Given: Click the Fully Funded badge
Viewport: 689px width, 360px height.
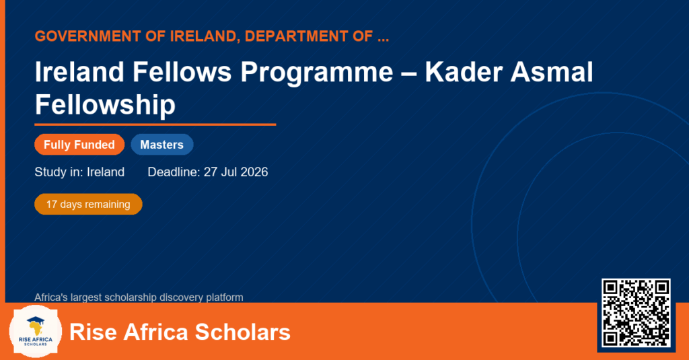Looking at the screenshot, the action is point(79,145).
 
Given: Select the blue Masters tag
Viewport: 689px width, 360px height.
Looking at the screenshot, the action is point(162,145).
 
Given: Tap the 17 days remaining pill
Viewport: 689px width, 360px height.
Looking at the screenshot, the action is point(88,205).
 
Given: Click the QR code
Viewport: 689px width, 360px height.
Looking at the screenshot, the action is point(636,313).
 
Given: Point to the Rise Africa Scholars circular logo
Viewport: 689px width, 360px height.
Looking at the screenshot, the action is point(36,331).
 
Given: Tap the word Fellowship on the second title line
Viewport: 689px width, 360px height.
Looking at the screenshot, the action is point(105,106).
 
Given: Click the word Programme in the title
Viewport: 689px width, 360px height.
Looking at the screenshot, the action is point(316,73).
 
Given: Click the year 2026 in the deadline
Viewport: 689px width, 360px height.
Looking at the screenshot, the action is point(254,172).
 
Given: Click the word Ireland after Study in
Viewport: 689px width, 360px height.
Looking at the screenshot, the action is point(106,172).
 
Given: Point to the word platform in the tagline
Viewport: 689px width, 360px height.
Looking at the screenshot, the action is point(225,297).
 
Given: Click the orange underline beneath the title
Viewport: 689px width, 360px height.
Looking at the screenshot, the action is point(155,125).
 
